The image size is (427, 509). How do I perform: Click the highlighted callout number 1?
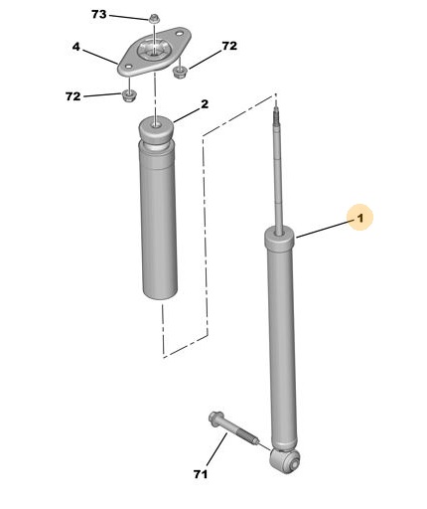[359, 218]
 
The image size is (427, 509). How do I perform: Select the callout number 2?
[205, 104]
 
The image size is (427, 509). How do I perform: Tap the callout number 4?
[76, 47]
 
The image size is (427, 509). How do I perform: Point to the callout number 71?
[201, 474]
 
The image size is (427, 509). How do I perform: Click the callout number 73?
[99, 14]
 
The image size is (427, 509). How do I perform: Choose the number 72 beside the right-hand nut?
[229, 46]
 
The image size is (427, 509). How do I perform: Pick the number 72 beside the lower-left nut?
[73, 96]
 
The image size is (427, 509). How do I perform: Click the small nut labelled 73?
[153, 19]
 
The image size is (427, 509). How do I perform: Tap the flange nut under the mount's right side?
[180, 72]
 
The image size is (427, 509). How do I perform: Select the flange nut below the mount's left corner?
[128, 95]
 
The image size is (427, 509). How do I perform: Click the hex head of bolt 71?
[213, 417]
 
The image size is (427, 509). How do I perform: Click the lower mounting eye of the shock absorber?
[285, 460]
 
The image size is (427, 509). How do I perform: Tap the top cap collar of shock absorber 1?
[279, 241]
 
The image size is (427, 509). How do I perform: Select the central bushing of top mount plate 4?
[153, 51]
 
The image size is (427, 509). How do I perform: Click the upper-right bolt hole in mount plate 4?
[179, 33]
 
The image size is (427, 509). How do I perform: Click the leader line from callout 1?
[324, 230]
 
